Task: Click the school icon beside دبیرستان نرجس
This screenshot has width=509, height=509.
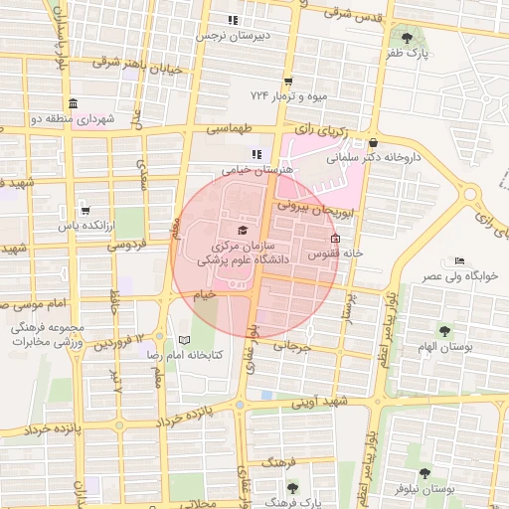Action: coord(233,20)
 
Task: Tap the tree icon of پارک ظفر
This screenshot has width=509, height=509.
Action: coord(407,38)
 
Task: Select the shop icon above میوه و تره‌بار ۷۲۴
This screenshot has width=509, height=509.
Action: coord(288,82)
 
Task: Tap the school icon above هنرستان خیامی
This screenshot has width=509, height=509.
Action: coord(256,154)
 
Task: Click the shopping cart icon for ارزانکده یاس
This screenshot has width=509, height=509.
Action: coord(85,210)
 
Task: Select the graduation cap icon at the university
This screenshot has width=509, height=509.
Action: coord(242,231)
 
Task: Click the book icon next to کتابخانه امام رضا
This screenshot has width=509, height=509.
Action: coord(182,339)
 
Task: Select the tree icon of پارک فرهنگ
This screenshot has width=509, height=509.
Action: coord(292,487)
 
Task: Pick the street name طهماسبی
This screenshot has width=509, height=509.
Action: coord(231,130)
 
